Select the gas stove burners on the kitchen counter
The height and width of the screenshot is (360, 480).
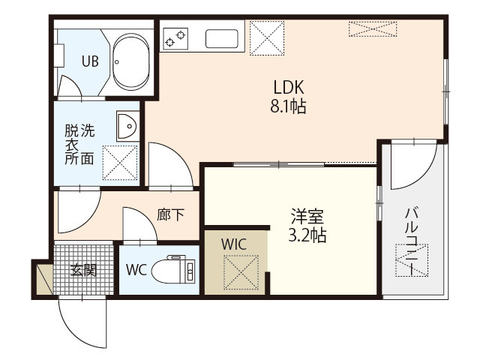178,37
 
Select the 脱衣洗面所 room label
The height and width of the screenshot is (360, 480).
79,144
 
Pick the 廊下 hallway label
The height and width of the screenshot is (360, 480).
171,214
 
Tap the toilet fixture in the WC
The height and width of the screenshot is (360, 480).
172,270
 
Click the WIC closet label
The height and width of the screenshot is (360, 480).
233,244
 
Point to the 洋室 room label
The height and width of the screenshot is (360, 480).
307,217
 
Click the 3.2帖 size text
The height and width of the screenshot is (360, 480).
307,235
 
